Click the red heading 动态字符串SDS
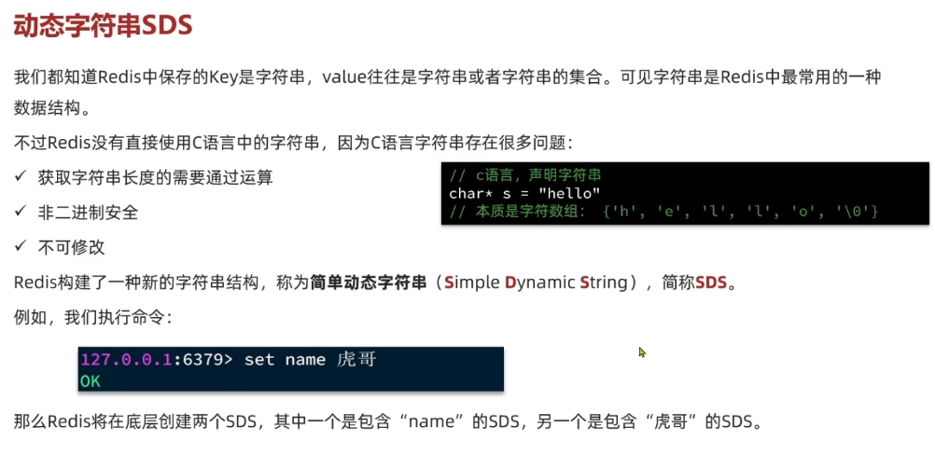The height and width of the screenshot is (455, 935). pos(103,26)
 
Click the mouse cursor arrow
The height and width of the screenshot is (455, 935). pos(642,352)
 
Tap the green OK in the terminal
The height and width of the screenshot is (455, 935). pos(91,380)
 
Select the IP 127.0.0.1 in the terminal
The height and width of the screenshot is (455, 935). pos(125,360)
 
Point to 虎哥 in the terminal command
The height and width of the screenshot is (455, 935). pos(356,360)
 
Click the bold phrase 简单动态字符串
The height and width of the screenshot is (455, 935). pos(369,282)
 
